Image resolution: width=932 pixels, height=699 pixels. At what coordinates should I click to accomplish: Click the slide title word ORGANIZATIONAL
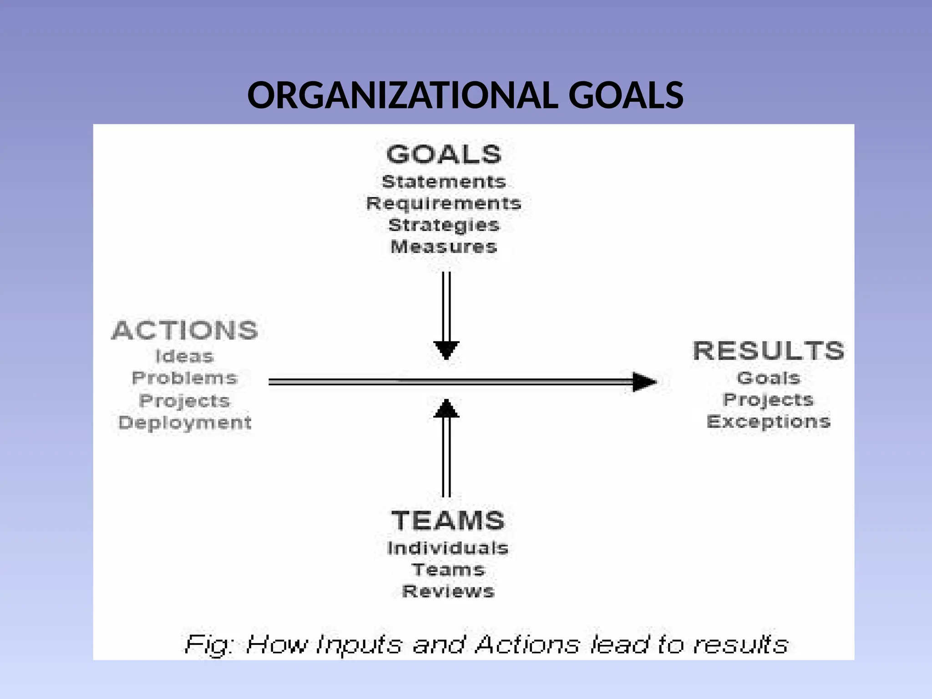click(402, 96)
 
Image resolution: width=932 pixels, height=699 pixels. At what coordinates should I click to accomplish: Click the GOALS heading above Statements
click(444, 154)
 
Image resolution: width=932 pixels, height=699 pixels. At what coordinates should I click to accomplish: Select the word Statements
click(444, 182)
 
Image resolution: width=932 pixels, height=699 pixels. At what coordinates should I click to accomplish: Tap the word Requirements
click(444, 203)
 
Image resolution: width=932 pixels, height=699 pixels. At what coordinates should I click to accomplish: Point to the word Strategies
click(444, 225)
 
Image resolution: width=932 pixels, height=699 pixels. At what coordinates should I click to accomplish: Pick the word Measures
click(444, 247)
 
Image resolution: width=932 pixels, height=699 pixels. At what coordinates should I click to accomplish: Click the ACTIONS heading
click(184, 330)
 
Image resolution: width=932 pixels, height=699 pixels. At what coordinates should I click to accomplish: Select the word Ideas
click(184, 356)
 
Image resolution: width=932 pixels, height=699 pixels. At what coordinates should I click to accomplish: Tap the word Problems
click(184, 378)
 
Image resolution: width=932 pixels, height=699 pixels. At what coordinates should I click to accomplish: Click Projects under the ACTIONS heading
click(184, 400)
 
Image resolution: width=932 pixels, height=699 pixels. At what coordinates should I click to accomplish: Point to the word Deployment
click(184, 422)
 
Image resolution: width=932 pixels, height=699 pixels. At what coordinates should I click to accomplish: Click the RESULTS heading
click(769, 351)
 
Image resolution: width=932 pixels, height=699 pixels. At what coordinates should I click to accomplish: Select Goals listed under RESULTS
click(769, 378)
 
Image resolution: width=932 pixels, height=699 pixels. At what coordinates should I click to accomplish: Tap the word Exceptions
click(769, 421)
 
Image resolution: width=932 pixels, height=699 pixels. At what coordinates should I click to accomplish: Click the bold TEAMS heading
click(448, 520)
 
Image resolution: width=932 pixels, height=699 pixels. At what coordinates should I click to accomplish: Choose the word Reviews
click(448, 591)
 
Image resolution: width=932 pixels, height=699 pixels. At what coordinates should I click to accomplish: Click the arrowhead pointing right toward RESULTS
click(644, 382)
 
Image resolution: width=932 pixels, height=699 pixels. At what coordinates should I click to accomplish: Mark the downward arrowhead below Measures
click(446, 350)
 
